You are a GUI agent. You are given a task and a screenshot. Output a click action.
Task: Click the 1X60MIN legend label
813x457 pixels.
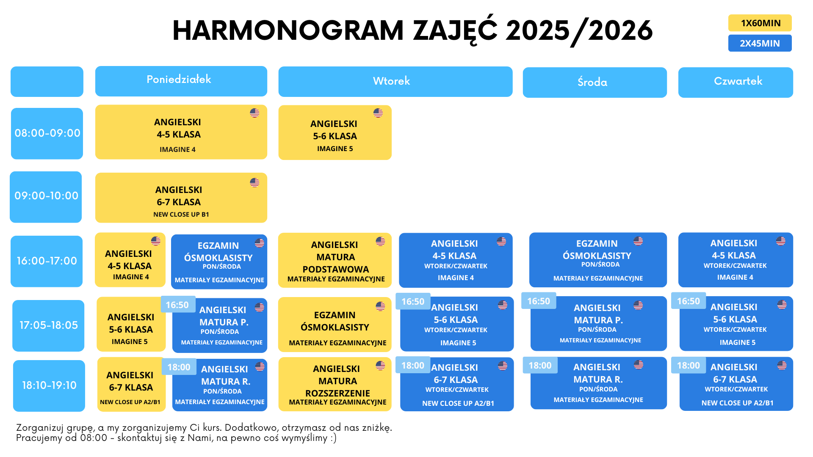[x=760, y=23]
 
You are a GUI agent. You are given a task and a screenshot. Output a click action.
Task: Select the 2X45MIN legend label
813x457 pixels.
[x=760, y=43]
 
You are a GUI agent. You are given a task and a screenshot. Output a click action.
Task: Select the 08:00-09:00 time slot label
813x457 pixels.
[x=47, y=134]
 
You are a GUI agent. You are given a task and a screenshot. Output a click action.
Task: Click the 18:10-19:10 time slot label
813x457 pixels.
[x=49, y=385]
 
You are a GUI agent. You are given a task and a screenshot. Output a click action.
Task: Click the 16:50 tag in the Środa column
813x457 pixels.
[x=539, y=301]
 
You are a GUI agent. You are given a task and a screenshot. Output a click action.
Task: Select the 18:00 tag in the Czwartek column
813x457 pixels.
[x=689, y=365]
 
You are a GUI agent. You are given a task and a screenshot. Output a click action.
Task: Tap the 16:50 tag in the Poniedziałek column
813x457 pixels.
[x=177, y=305]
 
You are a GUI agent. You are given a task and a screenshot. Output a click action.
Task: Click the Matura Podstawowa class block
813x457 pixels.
[x=335, y=260]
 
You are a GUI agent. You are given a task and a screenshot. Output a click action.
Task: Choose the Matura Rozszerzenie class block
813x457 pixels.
[x=335, y=384]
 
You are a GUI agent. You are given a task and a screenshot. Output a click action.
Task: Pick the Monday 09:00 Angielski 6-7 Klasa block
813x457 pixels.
[x=181, y=198]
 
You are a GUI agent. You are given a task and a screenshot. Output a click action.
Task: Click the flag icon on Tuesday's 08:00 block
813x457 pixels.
[x=378, y=113]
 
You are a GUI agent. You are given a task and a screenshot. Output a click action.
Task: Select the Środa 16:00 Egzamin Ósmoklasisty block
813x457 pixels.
[x=598, y=260]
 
